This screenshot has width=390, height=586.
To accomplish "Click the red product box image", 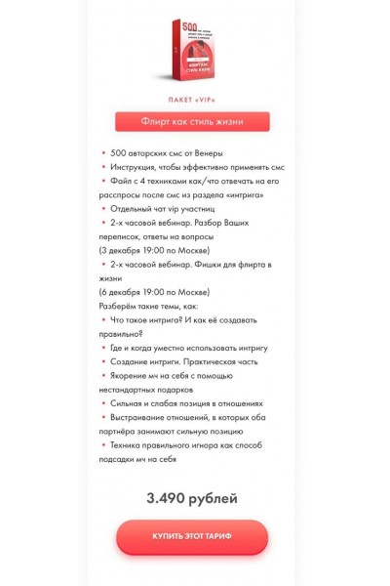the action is pos(192,52).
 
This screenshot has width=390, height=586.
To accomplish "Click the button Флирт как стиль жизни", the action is pos(192,122).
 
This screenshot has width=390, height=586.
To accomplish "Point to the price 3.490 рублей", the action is pos(192,498).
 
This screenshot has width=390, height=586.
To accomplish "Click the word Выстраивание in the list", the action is pos(140,417).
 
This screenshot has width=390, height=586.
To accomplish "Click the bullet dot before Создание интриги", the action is pos(103,361).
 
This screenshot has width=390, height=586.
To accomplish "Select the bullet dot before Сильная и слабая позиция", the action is pos(103,403).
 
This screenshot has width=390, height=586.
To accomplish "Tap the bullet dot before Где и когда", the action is pos(103,348).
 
